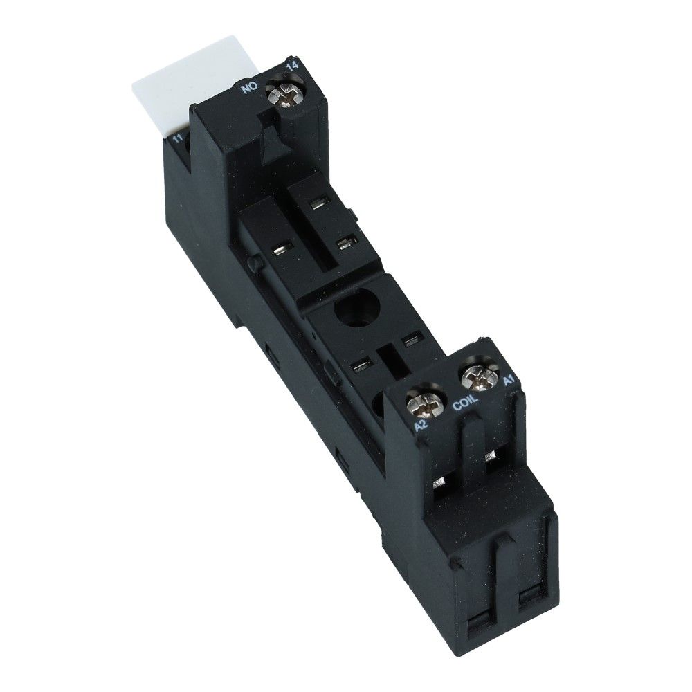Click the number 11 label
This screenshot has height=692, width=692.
point(177,139)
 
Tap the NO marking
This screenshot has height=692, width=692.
point(248,89)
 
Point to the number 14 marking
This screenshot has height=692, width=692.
point(293,66)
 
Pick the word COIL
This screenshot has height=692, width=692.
point(465,403)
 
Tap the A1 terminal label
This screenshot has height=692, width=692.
point(509,381)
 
